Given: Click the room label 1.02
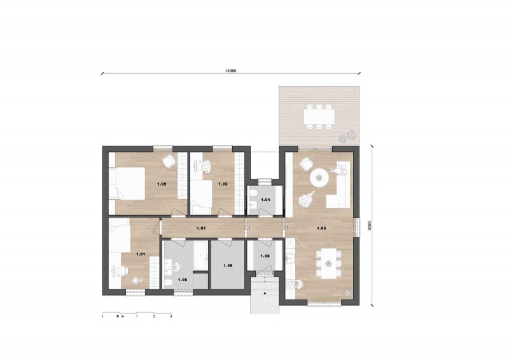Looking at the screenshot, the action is click(162, 184).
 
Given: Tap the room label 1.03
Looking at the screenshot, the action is click(223, 184).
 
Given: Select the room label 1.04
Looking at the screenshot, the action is click(265, 200).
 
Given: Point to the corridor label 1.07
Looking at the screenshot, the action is click(201, 228).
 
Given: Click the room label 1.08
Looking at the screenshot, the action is click(228, 265).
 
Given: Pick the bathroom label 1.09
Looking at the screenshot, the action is click(183, 279).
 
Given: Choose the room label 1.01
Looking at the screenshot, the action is click(141, 254).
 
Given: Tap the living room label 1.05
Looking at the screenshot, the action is click(321, 228).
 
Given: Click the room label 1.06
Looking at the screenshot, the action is click(265, 256).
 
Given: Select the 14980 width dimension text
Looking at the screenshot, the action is click(231, 70).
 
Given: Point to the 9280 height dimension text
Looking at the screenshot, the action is click(369, 225).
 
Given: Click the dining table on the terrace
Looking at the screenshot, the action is click(319, 116).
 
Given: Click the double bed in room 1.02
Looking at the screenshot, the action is click(127, 183).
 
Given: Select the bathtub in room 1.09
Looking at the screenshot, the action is click(200, 256).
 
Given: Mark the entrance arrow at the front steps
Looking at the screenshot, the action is click(265, 293).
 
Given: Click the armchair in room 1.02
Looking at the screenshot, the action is click(169, 162).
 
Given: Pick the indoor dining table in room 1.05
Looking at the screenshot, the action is click(329, 263).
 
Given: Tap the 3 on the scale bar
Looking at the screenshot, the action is click(171, 316).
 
